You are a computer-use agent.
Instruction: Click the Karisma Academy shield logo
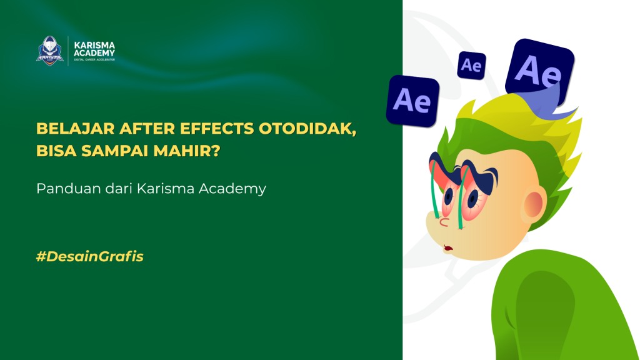50,50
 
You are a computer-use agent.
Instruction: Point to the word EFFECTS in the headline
212,129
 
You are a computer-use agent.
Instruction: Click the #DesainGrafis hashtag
90,256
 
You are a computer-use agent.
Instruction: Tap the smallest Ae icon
471,65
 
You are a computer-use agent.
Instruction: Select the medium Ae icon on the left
412,101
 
